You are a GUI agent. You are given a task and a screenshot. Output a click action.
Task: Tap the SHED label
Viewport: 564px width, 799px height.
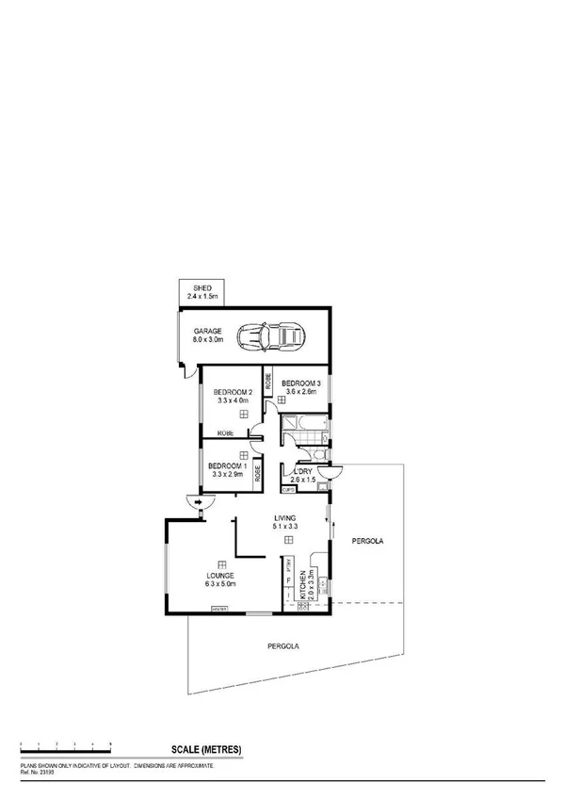point(202,288)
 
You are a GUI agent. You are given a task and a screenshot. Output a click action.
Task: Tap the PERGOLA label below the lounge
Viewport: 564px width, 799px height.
point(283,646)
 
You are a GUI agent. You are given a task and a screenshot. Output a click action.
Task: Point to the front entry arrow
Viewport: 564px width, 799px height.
point(198,503)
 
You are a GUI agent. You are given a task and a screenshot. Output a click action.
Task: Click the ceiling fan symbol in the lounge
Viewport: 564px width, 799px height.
point(220,563)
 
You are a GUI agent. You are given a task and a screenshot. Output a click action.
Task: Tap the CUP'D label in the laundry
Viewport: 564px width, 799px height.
point(288,490)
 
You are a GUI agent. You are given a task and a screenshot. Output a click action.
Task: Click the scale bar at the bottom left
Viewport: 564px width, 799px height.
point(66,747)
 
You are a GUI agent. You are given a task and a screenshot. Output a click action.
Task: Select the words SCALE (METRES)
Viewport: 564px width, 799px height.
point(206,750)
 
